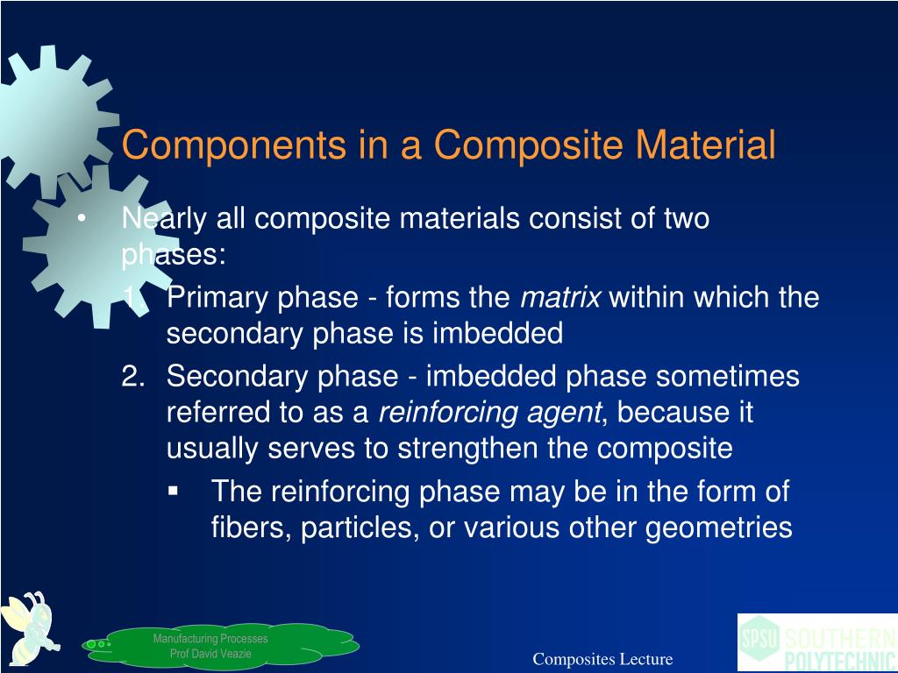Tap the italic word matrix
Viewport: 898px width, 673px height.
(x=560, y=298)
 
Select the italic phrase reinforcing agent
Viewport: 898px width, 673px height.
(x=490, y=412)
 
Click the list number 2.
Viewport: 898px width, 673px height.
(x=132, y=377)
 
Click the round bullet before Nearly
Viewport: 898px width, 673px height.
(x=81, y=219)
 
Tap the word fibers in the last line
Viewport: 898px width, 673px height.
(x=246, y=528)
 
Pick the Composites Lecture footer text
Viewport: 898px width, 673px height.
(x=602, y=659)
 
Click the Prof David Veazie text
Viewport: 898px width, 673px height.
(x=210, y=654)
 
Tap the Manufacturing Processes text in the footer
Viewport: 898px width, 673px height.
(x=210, y=639)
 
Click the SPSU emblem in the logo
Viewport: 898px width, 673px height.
(x=759, y=637)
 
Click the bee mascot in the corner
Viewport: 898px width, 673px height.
(x=29, y=625)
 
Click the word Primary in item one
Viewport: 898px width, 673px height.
(x=218, y=298)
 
